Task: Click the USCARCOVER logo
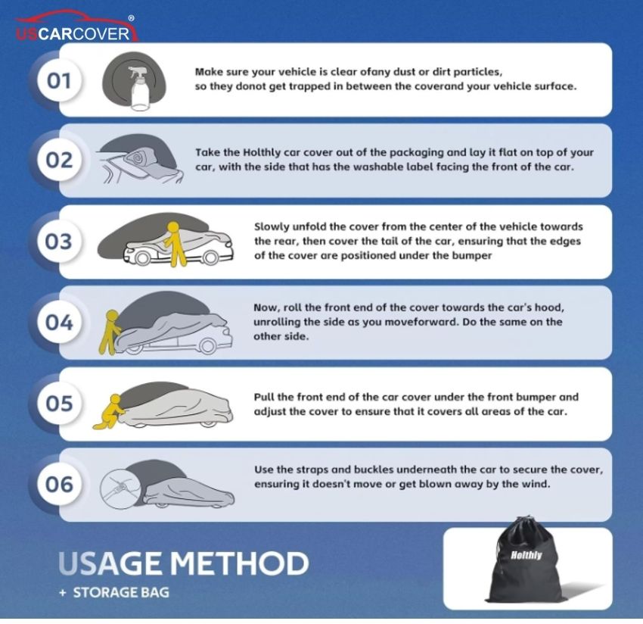tap(76, 27)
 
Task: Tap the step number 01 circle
tap(60, 80)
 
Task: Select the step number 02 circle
tap(60, 160)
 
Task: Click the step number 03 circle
tap(60, 241)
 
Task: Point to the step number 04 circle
tap(60, 322)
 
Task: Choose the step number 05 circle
tap(60, 403)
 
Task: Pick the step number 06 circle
tap(60, 484)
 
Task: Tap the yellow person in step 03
tap(175, 244)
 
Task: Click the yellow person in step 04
tap(110, 332)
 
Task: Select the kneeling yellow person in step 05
tap(109, 412)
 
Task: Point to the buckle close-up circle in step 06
tap(120, 489)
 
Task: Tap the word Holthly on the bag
tap(527, 555)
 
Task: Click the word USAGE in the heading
tap(110, 563)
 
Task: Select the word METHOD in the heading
tap(240, 563)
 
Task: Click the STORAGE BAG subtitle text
tap(121, 592)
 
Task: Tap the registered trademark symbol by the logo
tap(131, 18)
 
